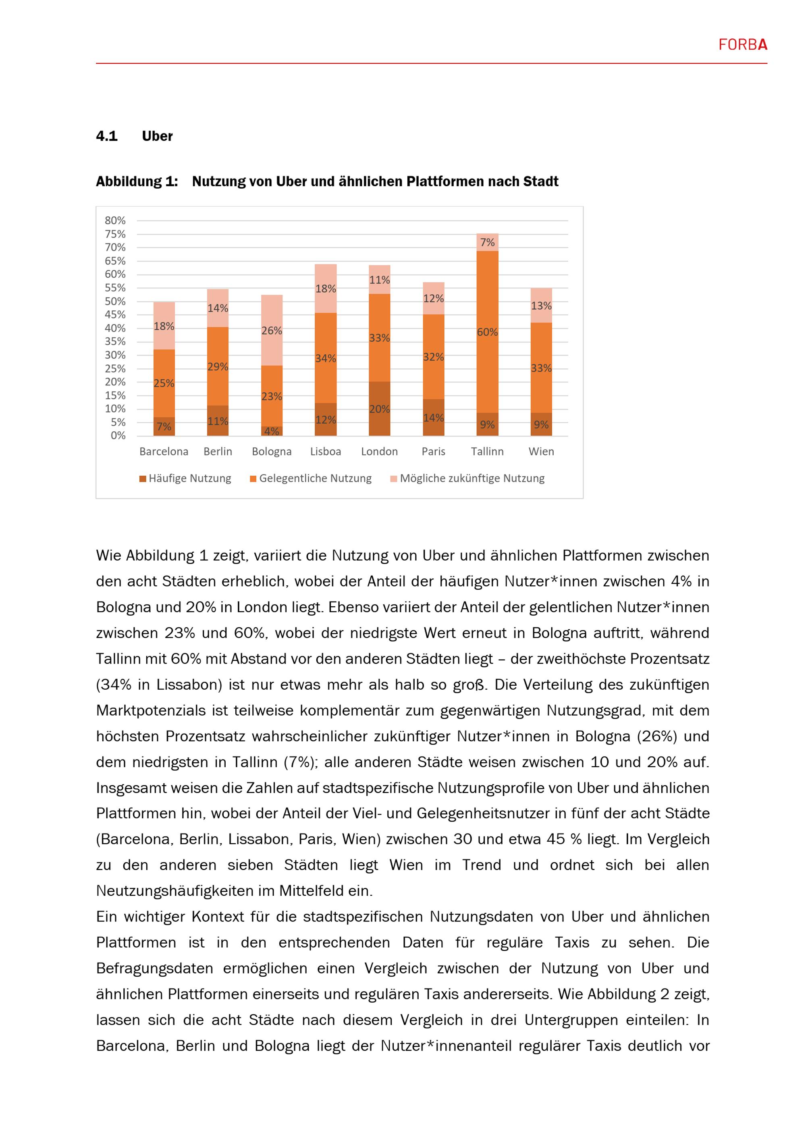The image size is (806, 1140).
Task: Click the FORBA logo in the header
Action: click(742, 45)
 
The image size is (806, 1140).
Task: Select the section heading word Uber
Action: click(157, 136)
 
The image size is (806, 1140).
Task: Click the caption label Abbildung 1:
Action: click(137, 182)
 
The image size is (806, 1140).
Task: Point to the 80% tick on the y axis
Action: click(115, 221)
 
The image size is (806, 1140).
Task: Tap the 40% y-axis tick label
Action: click(115, 328)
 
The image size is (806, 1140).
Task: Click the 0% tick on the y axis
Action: click(118, 436)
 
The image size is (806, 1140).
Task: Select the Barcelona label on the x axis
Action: click(164, 452)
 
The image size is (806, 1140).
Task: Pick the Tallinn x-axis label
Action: click(487, 452)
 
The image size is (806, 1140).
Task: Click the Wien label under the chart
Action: click(541, 452)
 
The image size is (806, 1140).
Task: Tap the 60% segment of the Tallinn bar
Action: click(487, 332)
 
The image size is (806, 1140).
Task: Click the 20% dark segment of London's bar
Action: click(379, 409)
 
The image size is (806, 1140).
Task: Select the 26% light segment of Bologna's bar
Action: click(272, 331)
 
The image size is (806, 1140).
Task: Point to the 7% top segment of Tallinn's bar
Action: click(487, 242)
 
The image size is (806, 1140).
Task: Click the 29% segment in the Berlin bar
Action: click(217, 367)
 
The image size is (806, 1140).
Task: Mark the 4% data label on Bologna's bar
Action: click(272, 431)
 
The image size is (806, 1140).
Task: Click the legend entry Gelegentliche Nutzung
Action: click(311, 478)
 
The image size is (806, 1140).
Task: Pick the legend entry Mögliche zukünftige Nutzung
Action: click(467, 478)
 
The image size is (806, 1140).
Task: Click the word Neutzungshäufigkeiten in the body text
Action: click(185, 891)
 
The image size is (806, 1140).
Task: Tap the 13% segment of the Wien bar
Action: click(541, 306)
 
